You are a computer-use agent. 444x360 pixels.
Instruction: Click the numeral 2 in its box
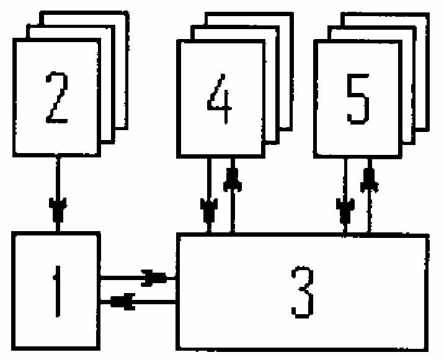tap(56, 98)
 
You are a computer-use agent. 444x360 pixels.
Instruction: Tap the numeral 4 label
tap(220, 99)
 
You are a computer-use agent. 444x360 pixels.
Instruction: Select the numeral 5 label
tap(358, 99)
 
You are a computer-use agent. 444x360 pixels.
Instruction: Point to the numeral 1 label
tap(58, 291)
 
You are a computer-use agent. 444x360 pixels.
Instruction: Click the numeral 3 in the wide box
tap(303, 292)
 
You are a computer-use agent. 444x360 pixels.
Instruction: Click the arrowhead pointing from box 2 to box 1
tap(58, 209)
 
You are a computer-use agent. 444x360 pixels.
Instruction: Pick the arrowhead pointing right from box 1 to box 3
tap(154, 278)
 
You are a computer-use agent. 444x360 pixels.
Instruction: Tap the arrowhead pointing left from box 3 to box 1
tap(122, 302)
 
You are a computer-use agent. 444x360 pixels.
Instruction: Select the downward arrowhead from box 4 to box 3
tap(209, 211)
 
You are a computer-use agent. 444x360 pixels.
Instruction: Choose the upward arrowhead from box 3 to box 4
tap(233, 180)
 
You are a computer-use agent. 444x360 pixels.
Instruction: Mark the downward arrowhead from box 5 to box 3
tap(345, 211)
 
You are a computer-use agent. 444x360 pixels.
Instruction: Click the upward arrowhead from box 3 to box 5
tap(369, 180)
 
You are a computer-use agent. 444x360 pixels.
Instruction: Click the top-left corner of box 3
tap(178, 235)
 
